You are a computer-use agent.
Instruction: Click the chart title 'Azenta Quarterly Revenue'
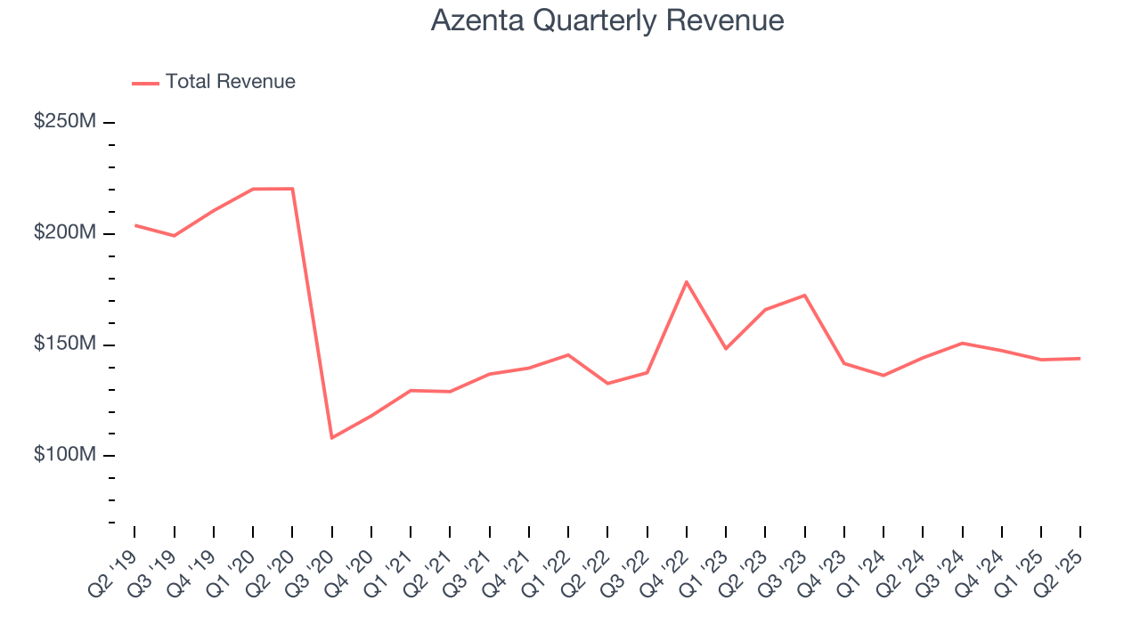point(607,20)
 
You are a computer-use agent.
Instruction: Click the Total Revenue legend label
point(230,82)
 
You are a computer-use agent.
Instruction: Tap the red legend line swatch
point(145,83)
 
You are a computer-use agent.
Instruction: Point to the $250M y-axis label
point(64,121)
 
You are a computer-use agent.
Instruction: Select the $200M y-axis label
point(64,232)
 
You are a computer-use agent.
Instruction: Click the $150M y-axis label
point(64,344)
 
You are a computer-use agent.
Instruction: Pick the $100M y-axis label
point(64,455)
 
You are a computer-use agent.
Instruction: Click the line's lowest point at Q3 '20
point(331,438)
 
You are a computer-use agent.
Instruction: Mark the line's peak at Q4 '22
point(686,281)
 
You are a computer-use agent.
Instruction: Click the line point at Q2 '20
point(292,189)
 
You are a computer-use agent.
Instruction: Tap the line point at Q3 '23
point(804,296)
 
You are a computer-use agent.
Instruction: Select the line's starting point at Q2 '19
point(134,225)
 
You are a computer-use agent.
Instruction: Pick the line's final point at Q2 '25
point(1080,359)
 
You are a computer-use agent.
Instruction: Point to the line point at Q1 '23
point(726,348)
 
